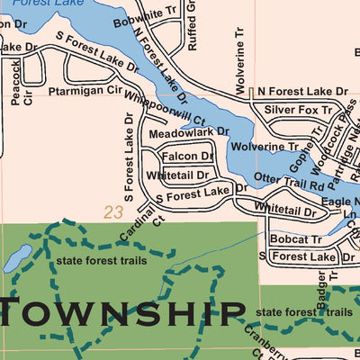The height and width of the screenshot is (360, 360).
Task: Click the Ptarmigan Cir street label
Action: coord(84,90)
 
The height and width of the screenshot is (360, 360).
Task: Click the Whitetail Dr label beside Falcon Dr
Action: coord(177,175)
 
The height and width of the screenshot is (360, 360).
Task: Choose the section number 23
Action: coord(112,213)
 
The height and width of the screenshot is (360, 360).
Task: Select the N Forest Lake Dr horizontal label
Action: coord(301,92)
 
